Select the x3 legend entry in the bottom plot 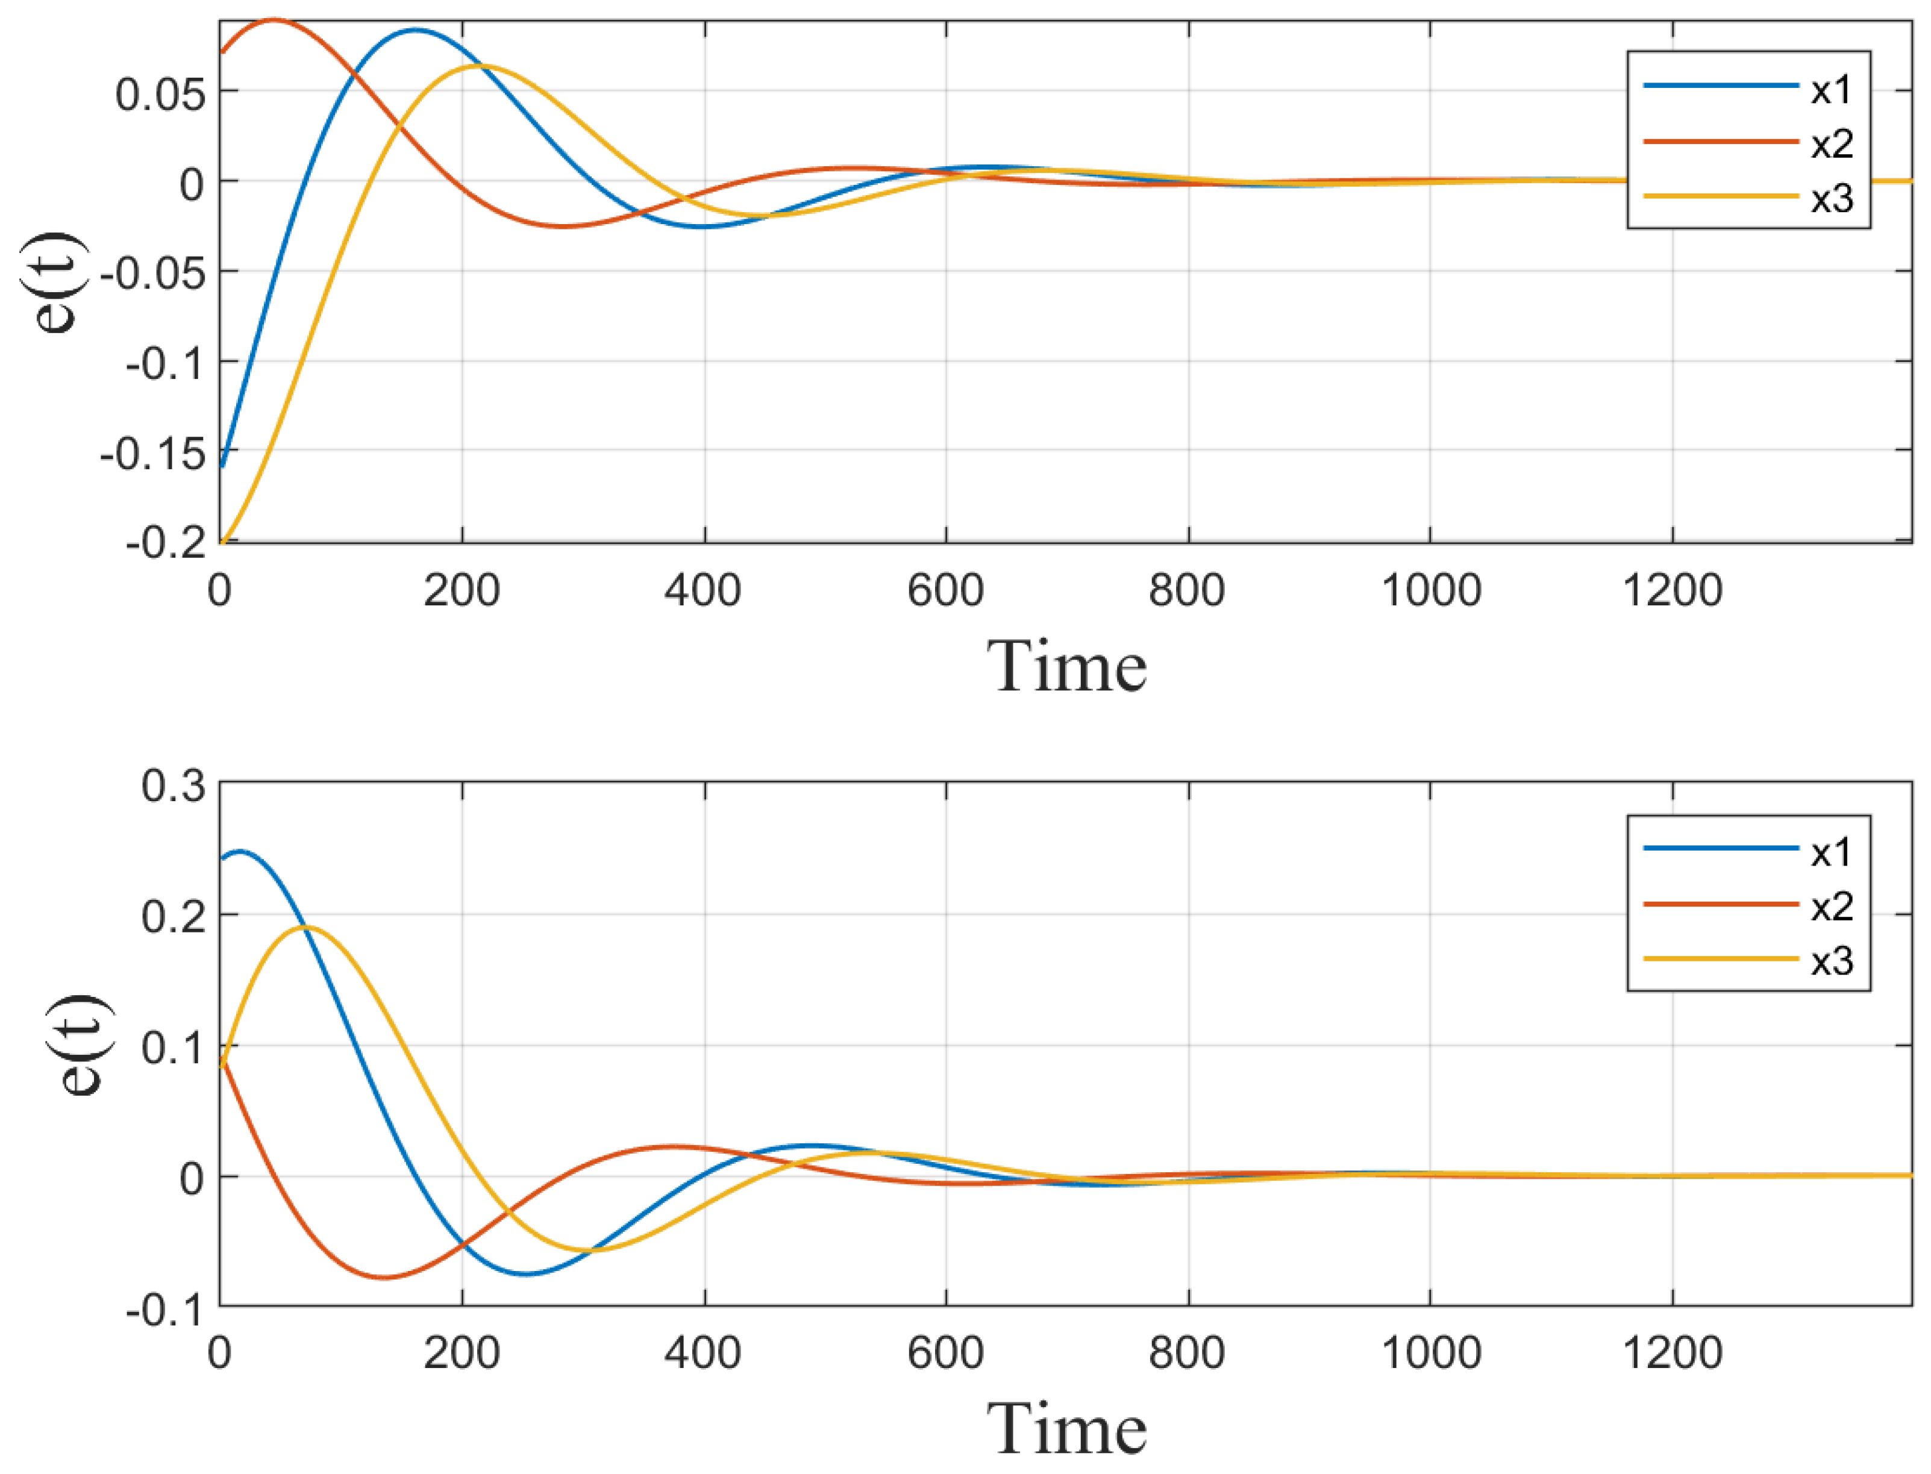point(1831,961)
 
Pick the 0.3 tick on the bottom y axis point(173,785)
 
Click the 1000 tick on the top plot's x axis point(1430,590)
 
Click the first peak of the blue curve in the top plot point(415,30)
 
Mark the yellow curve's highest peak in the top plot point(478,66)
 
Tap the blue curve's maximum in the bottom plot point(240,851)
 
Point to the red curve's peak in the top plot point(274,19)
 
